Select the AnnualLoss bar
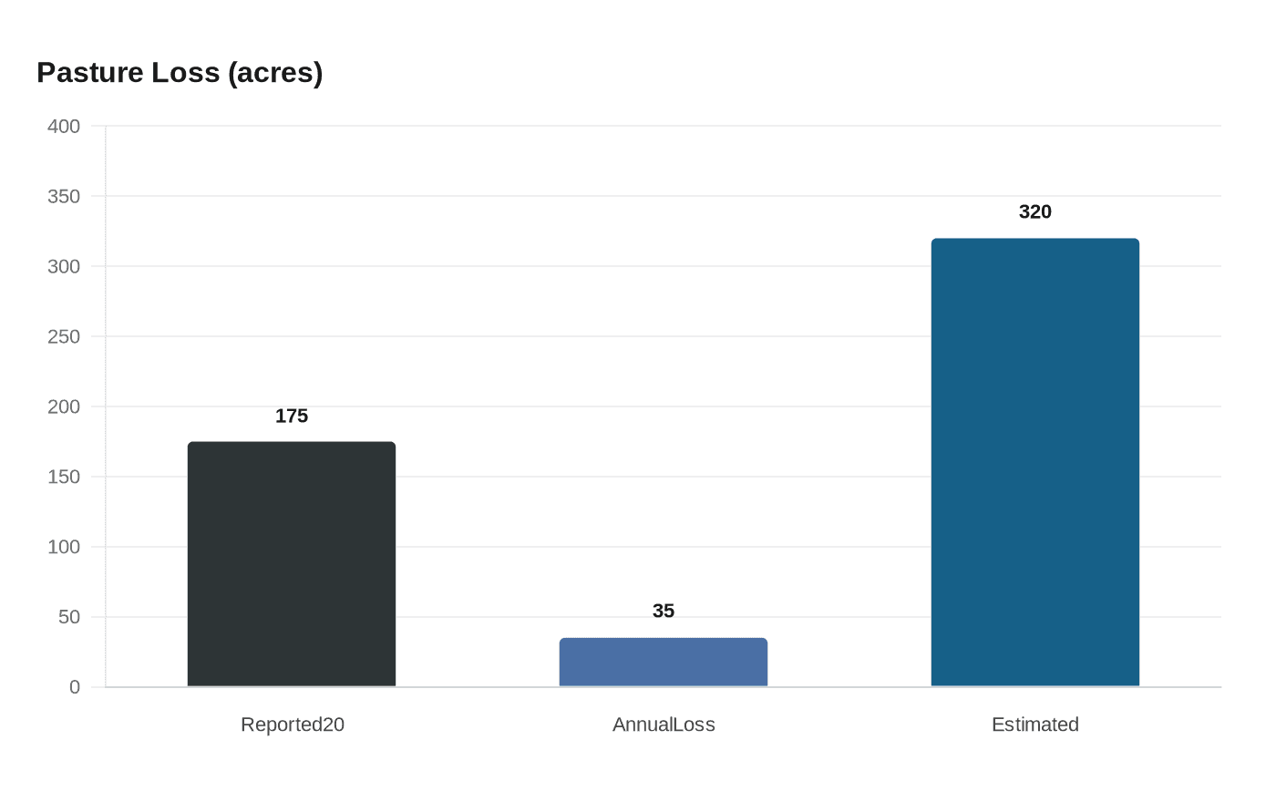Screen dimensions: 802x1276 tap(664, 662)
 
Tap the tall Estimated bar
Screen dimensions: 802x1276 tap(1035, 462)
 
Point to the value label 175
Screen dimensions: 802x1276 tap(292, 416)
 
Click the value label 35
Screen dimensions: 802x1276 tap(664, 612)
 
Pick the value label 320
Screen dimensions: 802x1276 tap(1035, 212)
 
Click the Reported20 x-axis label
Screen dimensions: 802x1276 tap(293, 725)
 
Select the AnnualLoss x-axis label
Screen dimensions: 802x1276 tap(664, 725)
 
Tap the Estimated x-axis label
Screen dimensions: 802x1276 tap(1035, 725)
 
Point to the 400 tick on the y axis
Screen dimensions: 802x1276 tap(64, 127)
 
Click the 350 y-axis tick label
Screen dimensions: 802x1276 tap(64, 197)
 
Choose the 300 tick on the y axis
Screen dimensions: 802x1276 tap(64, 267)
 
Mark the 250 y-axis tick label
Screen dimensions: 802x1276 tap(64, 337)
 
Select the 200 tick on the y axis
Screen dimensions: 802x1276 tap(64, 407)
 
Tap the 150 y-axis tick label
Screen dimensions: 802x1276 tap(64, 478)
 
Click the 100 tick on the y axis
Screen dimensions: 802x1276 tap(64, 548)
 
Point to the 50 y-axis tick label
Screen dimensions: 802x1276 tap(69, 618)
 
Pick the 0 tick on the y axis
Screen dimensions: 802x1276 tap(75, 688)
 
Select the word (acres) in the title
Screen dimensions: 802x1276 tap(275, 73)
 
